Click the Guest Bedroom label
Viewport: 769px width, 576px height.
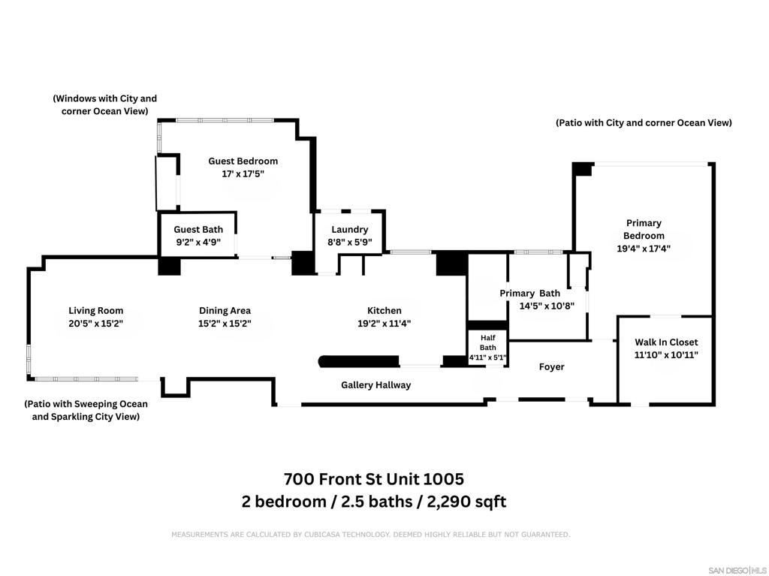point(243,161)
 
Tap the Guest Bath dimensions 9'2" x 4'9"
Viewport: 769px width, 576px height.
point(198,242)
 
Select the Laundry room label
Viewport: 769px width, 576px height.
point(350,229)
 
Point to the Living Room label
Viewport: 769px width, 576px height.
point(95,311)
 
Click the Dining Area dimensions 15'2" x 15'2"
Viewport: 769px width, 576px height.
point(225,324)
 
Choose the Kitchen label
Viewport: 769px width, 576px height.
point(384,311)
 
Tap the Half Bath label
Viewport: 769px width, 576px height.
point(487,342)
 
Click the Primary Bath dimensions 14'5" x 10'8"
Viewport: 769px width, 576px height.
point(547,306)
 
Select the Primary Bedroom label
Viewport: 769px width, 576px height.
point(644,229)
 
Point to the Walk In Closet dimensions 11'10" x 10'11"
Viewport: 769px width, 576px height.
point(666,354)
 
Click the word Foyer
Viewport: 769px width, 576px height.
point(551,367)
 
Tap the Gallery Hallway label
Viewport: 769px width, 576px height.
point(375,385)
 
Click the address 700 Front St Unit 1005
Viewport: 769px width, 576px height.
point(374,478)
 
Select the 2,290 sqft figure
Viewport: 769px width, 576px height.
point(466,502)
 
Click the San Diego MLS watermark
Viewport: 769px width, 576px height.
point(737,570)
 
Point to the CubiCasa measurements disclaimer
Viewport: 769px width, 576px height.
point(371,534)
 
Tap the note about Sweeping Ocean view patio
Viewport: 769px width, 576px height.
point(86,410)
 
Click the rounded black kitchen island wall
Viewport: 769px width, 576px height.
point(358,361)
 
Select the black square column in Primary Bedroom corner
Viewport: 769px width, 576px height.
point(583,169)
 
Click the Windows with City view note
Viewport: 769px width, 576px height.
point(104,104)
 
